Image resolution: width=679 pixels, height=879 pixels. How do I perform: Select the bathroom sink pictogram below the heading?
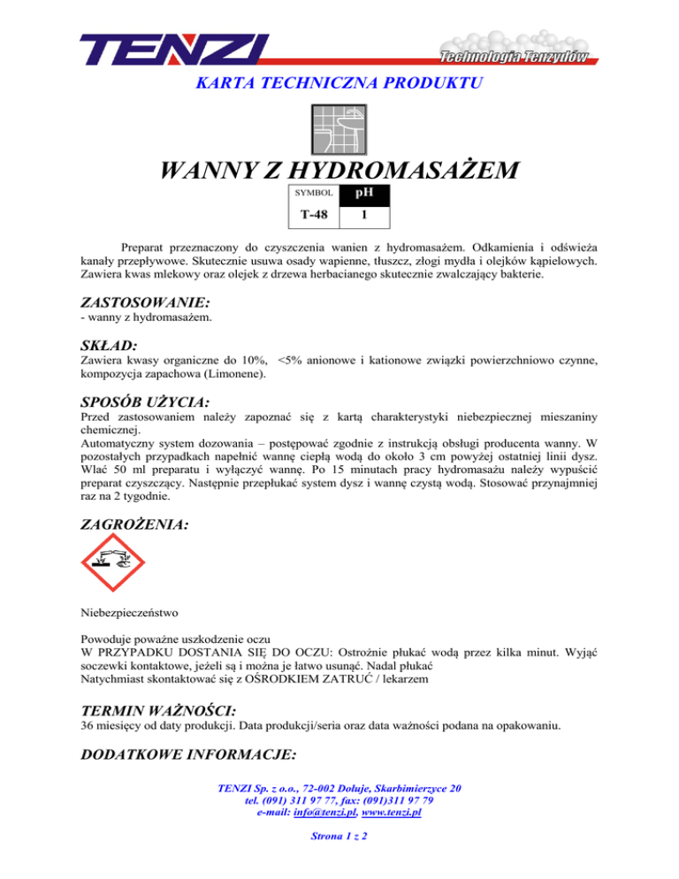coord(339,131)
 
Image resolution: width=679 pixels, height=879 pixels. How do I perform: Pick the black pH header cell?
coord(363,192)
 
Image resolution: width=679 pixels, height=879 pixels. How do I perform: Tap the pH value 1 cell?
coord(363,213)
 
